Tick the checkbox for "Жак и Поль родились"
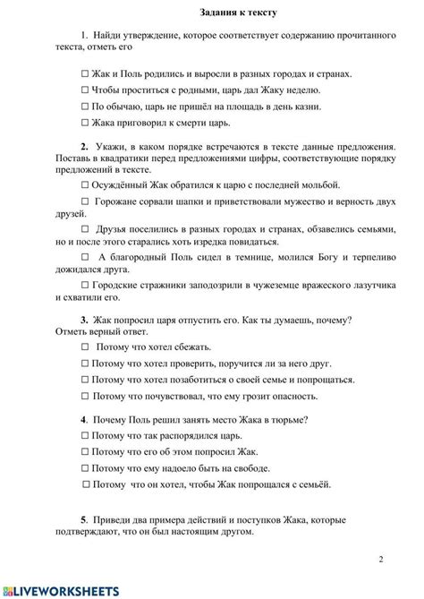pos(85,74)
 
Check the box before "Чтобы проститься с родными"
pos(85,90)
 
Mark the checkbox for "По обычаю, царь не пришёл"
pos(85,107)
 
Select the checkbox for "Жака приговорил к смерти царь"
pos(85,123)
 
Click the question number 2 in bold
pos(83,146)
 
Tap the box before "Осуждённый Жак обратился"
pos(85,184)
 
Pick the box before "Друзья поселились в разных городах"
pos(85,229)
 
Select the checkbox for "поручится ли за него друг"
pos(85,364)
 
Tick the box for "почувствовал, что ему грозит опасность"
pos(85,396)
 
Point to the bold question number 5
pos(83,519)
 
